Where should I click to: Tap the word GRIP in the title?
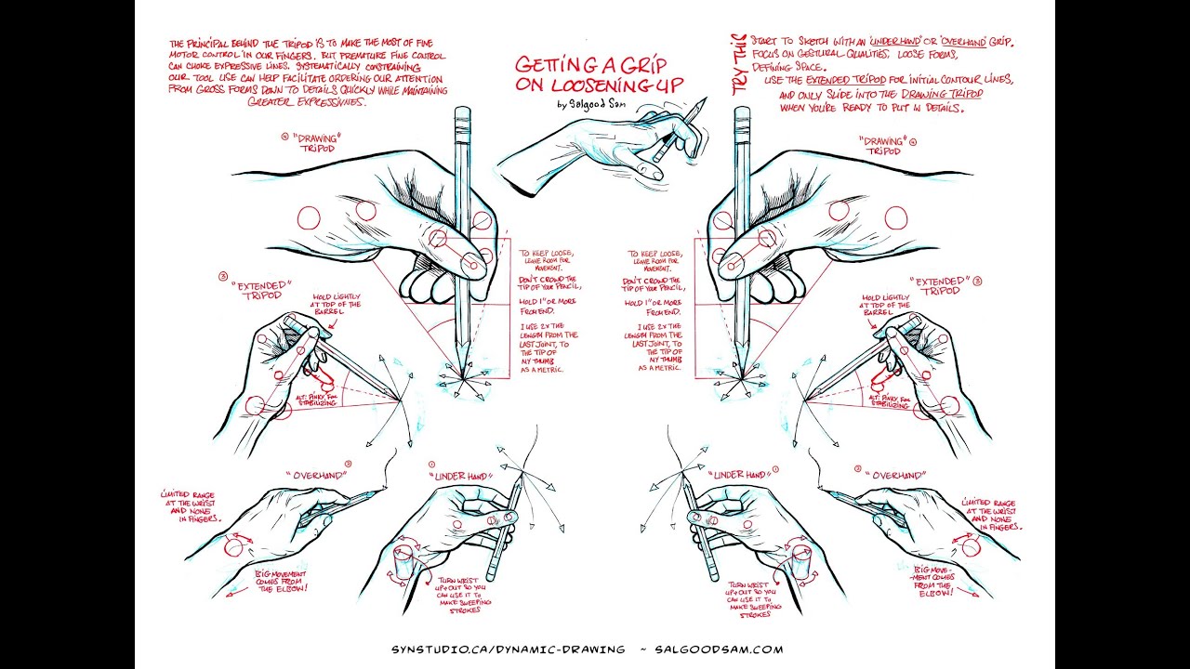click(x=649, y=64)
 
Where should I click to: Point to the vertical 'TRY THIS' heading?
click(x=739, y=64)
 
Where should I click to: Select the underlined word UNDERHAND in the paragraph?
click(x=895, y=43)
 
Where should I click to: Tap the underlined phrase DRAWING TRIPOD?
click(x=942, y=94)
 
